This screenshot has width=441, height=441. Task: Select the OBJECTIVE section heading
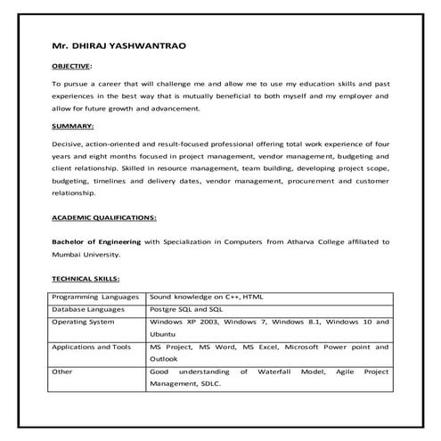coord(71,66)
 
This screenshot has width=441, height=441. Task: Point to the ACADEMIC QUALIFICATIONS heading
coord(103,216)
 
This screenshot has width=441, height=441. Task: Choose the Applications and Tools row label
coord(93,346)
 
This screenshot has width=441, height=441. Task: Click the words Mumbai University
coord(89,254)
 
